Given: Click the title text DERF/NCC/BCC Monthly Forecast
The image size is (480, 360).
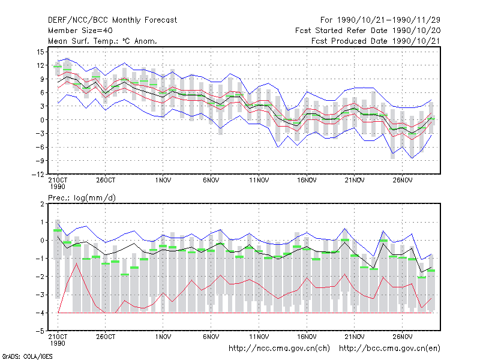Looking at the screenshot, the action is [x=112, y=20].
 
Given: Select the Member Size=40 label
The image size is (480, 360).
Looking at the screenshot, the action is [x=80, y=31].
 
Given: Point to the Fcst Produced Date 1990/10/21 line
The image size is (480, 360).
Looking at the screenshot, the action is [x=376, y=41].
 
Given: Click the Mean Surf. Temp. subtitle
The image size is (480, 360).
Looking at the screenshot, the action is [x=103, y=41].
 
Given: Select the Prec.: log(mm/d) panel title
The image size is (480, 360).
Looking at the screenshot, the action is [x=82, y=198].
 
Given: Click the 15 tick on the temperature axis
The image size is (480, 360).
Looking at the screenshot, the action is [x=40, y=52].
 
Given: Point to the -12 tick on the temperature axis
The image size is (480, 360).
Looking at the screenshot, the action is [x=38, y=174].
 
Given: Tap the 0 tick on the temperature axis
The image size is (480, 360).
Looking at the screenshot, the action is [x=42, y=119].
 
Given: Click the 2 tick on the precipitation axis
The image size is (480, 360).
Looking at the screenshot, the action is [x=42, y=204].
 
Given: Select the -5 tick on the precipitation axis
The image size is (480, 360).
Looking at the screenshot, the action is [x=40, y=331].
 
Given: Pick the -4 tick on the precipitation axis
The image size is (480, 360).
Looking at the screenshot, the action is [x=40, y=313].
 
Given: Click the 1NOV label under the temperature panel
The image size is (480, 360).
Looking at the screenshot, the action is [x=163, y=180].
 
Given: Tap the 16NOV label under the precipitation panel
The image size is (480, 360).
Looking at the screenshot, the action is [x=307, y=337].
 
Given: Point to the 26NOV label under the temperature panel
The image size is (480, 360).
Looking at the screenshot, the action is [x=402, y=180].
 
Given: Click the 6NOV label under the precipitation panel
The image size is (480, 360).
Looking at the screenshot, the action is [x=211, y=337].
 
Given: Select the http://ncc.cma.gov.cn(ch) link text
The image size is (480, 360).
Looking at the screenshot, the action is [x=279, y=348].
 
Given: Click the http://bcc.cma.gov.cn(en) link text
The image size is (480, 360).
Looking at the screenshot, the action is [x=389, y=348].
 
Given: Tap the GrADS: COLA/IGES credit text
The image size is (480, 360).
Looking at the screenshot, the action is [x=27, y=356].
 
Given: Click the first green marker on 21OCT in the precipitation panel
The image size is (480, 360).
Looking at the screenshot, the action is [x=58, y=230].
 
